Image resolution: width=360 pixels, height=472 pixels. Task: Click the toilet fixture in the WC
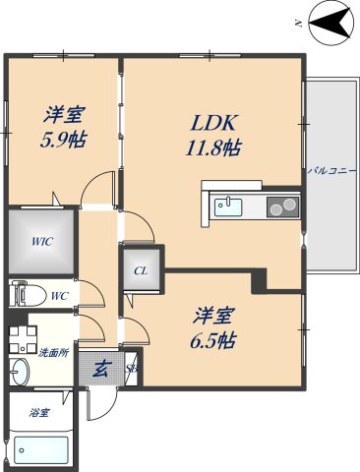pyautogui.click(x=24, y=292)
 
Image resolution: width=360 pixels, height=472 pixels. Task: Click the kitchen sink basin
pyautogui.click(x=228, y=206)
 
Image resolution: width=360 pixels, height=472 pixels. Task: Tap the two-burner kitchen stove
pyautogui.click(x=281, y=206)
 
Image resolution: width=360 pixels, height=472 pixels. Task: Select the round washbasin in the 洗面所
pyautogui.click(x=21, y=371)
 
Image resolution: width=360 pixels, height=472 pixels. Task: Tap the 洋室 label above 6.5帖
pyautogui.click(x=213, y=317)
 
